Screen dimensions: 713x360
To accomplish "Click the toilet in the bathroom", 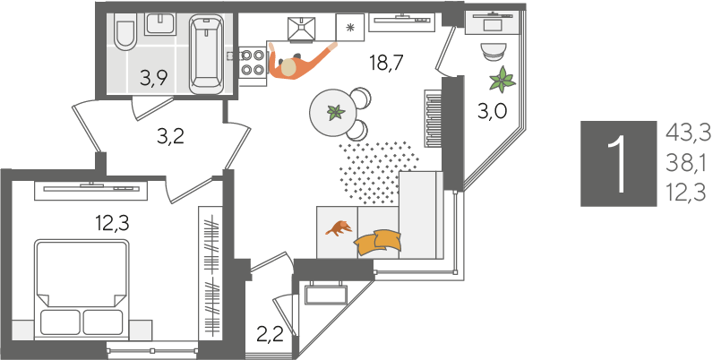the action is tap(126, 31).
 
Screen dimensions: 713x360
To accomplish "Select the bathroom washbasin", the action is tap(159, 23).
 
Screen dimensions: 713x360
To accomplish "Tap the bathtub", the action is tap(206, 54).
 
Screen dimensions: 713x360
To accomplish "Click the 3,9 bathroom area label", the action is tap(154, 78).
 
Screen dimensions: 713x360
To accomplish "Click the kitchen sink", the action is tap(302, 28).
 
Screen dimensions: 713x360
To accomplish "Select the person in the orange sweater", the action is tap(299, 63).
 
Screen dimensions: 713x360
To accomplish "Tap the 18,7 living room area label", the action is tap(386, 63).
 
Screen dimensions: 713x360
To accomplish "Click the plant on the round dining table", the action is tap(336, 112).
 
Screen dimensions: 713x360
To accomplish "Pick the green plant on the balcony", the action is tap(503, 80).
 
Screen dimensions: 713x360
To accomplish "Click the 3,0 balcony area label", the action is tap(492, 110).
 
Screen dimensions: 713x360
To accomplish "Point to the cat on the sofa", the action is tap(339, 227).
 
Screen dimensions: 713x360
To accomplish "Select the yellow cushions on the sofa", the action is tap(378, 243).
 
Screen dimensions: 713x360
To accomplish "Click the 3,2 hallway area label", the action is tap(170, 136).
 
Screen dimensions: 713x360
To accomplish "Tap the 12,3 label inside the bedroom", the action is tap(112, 223).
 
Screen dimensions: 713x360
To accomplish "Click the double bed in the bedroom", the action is tap(82, 289).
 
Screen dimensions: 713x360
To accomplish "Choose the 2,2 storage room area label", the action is tap(271, 336).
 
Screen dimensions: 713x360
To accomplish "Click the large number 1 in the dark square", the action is tap(617, 164).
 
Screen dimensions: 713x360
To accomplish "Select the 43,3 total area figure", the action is tap(688, 133).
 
